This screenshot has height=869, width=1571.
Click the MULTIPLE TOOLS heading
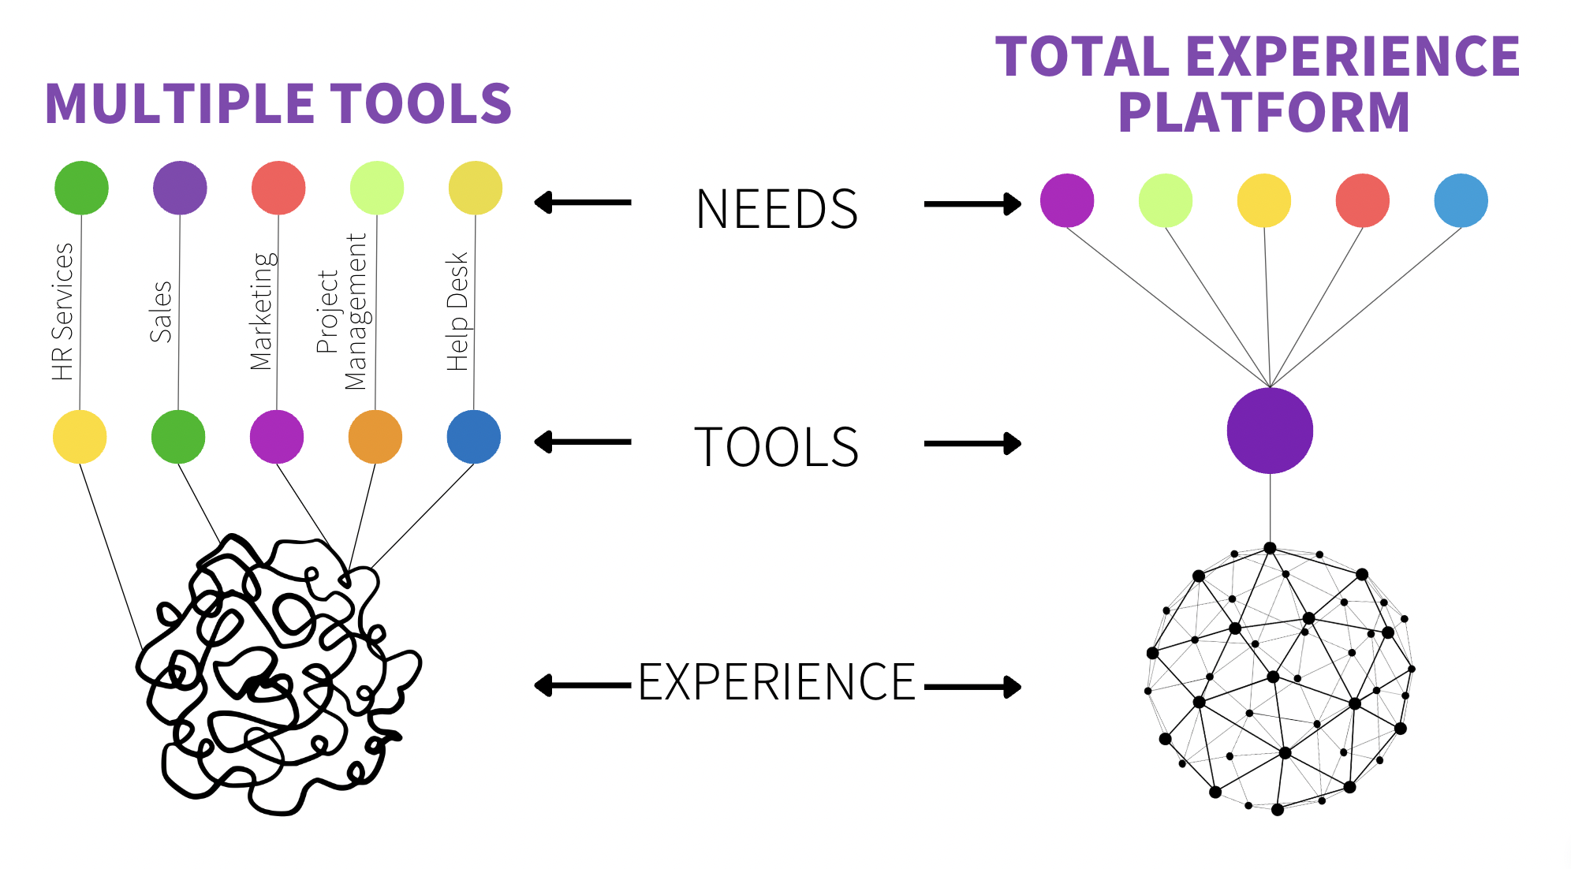click(x=278, y=105)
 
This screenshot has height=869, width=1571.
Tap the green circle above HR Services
click(x=81, y=188)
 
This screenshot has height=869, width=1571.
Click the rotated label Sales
click(x=161, y=311)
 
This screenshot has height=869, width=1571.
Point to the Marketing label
click(x=263, y=311)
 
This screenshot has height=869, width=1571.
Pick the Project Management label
click(x=341, y=311)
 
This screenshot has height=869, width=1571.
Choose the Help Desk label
click(x=457, y=311)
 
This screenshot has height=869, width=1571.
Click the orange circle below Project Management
click(x=375, y=437)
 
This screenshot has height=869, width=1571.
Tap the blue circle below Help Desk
click(x=474, y=437)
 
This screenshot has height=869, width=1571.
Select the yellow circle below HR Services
click(x=80, y=437)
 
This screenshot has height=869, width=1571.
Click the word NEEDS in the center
click(x=777, y=210)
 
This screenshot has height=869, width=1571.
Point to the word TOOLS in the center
click(x=777, y=447)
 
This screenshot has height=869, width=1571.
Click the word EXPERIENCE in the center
click(x=777, y=682)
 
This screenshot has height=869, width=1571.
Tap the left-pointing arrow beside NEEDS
click(x=583, y=203)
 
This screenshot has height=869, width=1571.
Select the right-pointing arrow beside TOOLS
click(x=972, y=444)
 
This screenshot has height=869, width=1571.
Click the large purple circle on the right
click(x=1270, y=431)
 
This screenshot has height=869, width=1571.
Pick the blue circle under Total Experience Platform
click(x=1461, y=200)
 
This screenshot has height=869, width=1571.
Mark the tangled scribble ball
click(x=276, y=674)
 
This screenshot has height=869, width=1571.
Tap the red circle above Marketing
click(x=278, y=188)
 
